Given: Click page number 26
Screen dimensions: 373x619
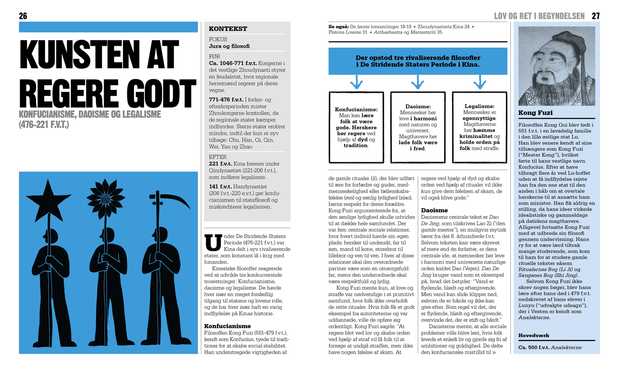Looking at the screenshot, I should tap(23, 16).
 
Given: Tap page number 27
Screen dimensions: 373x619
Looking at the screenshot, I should tap(595, 16).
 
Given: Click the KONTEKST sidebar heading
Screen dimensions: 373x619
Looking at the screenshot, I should tap(228, 29).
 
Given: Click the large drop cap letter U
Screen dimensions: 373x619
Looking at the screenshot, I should tap(213, 242).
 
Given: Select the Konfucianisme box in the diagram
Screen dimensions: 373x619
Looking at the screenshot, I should tap(356, 127).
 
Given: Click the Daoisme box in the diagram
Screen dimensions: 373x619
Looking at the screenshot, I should tap(418, 127).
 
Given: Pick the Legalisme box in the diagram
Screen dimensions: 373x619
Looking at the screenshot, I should tap(479, 127).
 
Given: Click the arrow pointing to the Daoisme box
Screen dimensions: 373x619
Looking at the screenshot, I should tap(418, 82).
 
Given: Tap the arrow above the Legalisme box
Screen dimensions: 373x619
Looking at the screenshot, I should tap(480, 82).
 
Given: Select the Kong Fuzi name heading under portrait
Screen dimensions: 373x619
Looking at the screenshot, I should tap(535, 113).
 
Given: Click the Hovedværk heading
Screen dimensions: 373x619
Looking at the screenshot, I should tap(534, 335).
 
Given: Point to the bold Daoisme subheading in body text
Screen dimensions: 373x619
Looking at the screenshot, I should tap(434, 210).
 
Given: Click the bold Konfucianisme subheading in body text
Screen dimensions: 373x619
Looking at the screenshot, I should tap(227, 326).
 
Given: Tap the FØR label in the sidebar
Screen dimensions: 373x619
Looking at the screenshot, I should tap(214, 56).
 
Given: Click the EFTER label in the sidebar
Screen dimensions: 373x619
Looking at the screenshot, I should tap(218, 157).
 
